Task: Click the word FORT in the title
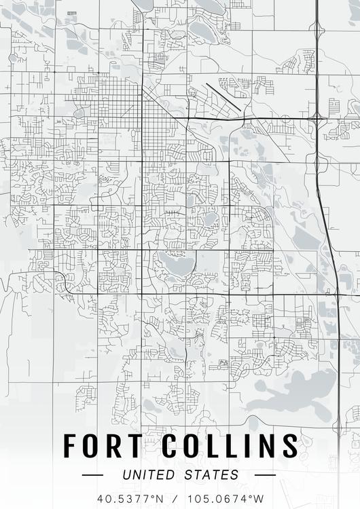[x=103, y=446]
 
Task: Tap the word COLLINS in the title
[x=229, y=446]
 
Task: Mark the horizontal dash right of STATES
[x=265, y=475]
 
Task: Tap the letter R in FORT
[x=113, y=446]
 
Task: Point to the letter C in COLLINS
[x=170, y=446]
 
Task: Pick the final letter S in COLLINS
[x=289, y=446]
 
